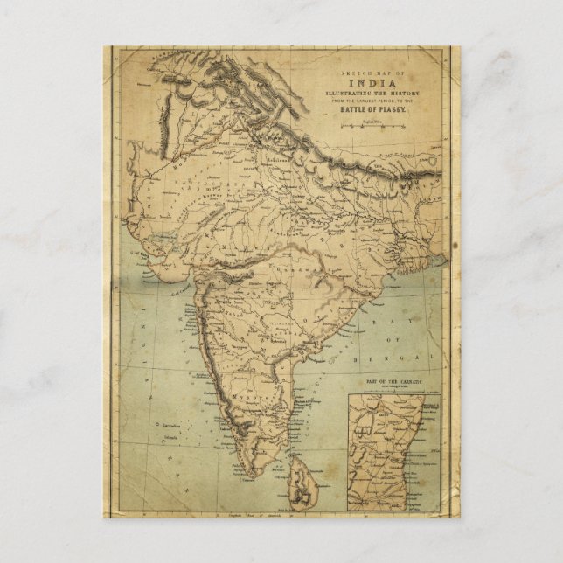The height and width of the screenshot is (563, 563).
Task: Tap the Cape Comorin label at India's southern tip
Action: [x=247, y=482]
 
